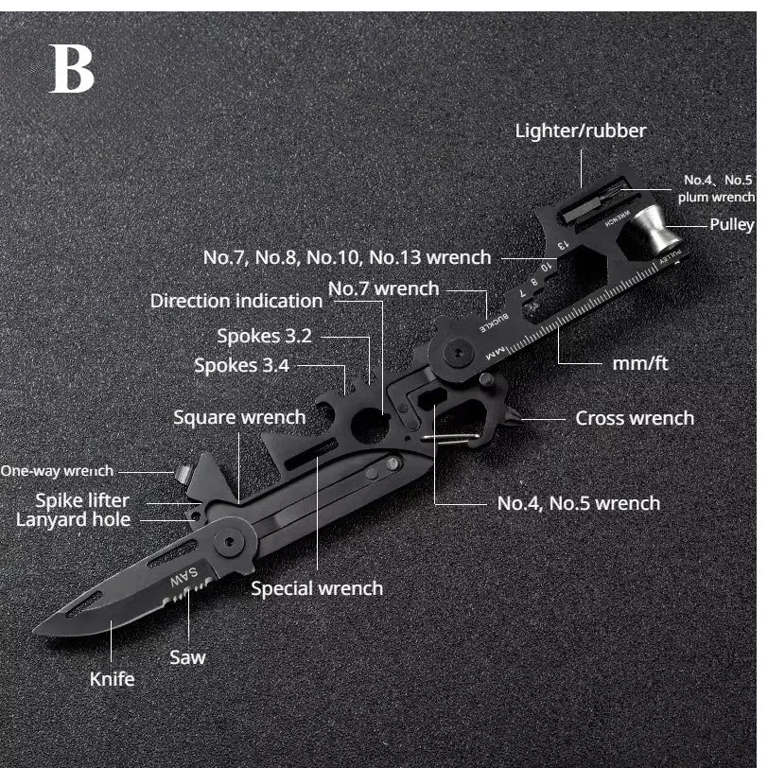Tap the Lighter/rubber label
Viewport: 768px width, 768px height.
coord(580,131)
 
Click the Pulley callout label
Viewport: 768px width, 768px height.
coord(732,224)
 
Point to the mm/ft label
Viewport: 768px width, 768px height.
coord(640,361)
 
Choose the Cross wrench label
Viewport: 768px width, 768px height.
coord(634,417)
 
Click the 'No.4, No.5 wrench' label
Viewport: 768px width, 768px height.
coord(578,502)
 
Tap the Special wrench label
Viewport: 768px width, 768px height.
coord(317,588)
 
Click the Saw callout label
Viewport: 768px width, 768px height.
coord(187,656)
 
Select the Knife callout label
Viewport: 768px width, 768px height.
coord(112,678)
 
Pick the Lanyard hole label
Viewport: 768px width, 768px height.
coord(73,518)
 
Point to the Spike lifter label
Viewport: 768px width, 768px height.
coord(82,499)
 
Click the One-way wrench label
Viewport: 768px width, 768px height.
coord(57,470)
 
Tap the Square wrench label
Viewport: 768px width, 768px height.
coord(239,417)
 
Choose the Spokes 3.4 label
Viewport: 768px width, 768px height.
coord(241,365)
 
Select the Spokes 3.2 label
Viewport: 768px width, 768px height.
coord(264,336)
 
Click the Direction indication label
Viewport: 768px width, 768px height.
coord(236,301)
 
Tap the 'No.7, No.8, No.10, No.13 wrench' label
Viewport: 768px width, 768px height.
coord(347,256)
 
